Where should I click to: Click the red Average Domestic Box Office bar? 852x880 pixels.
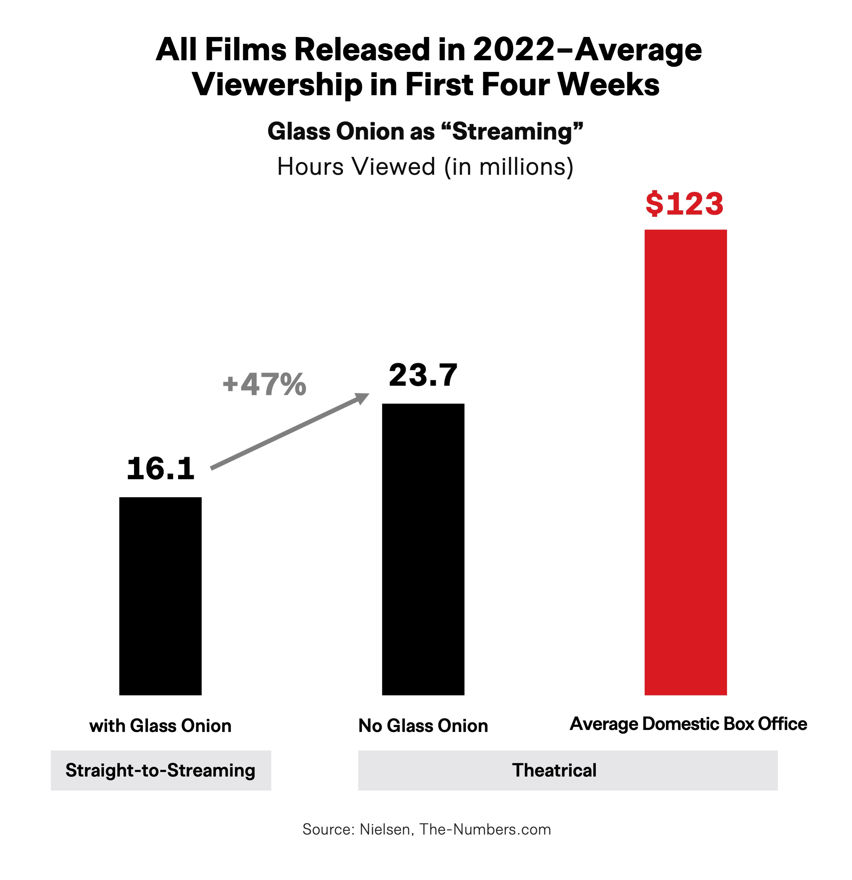(x=685, y=463)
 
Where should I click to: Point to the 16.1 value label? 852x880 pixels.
(x=160, y=469)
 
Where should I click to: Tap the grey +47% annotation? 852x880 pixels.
(x=264, y=384)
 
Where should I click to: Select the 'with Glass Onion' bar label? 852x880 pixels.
(x=160, y=726)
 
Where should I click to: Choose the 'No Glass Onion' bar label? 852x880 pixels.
(x=423, y=726)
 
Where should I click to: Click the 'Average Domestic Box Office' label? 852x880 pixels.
(x=688, y=724)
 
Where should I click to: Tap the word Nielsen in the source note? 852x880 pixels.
(x=385, y=829)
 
